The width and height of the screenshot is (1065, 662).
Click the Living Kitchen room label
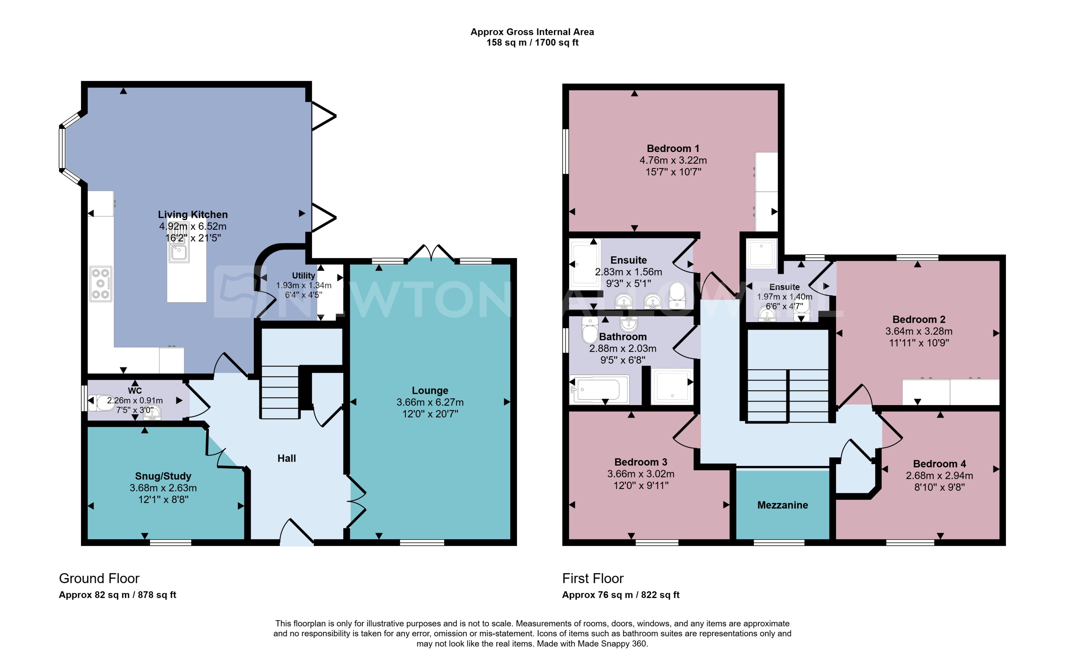pyautogui.click(x=193, y=215)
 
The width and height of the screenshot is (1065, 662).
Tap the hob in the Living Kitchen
pyautogui.click(x=101, y=284)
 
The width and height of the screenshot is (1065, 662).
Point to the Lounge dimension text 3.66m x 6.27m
pyautogui.click(x=430, y=402)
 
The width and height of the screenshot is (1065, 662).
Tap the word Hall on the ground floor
pyautogui.click(x=287, y=458)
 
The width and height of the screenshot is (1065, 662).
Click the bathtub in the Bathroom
pyautogui.click(x=599, y=389)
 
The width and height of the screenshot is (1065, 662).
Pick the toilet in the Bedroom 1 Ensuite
pyautogui.click(x=677, y=294)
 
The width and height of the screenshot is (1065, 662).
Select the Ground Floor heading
pyautogui.click(x=99, y=578)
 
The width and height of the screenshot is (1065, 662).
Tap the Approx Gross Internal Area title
pyautogui.click(x=532, y=32)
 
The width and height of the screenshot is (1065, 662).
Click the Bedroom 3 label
pyautogui.click(x=641, y=462)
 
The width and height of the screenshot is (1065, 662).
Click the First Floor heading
pyautogui.click(x=593, y=578)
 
